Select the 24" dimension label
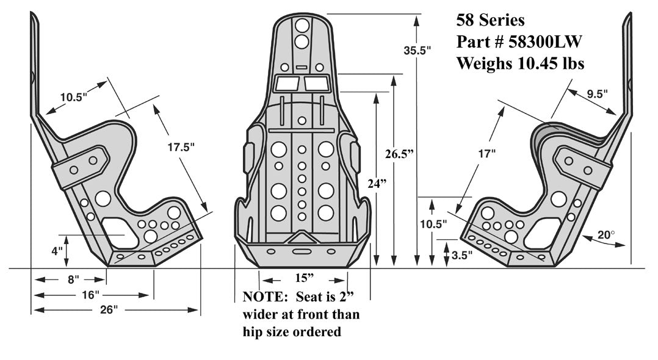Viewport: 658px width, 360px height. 378,183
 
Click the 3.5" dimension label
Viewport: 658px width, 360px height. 462,256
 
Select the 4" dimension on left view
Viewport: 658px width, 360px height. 57,251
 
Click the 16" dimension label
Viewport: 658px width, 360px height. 90,295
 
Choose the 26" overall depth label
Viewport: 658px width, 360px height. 108,310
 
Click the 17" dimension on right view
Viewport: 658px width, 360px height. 485,155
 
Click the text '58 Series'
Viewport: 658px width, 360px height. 491,20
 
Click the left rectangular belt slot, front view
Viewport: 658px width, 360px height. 286,84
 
